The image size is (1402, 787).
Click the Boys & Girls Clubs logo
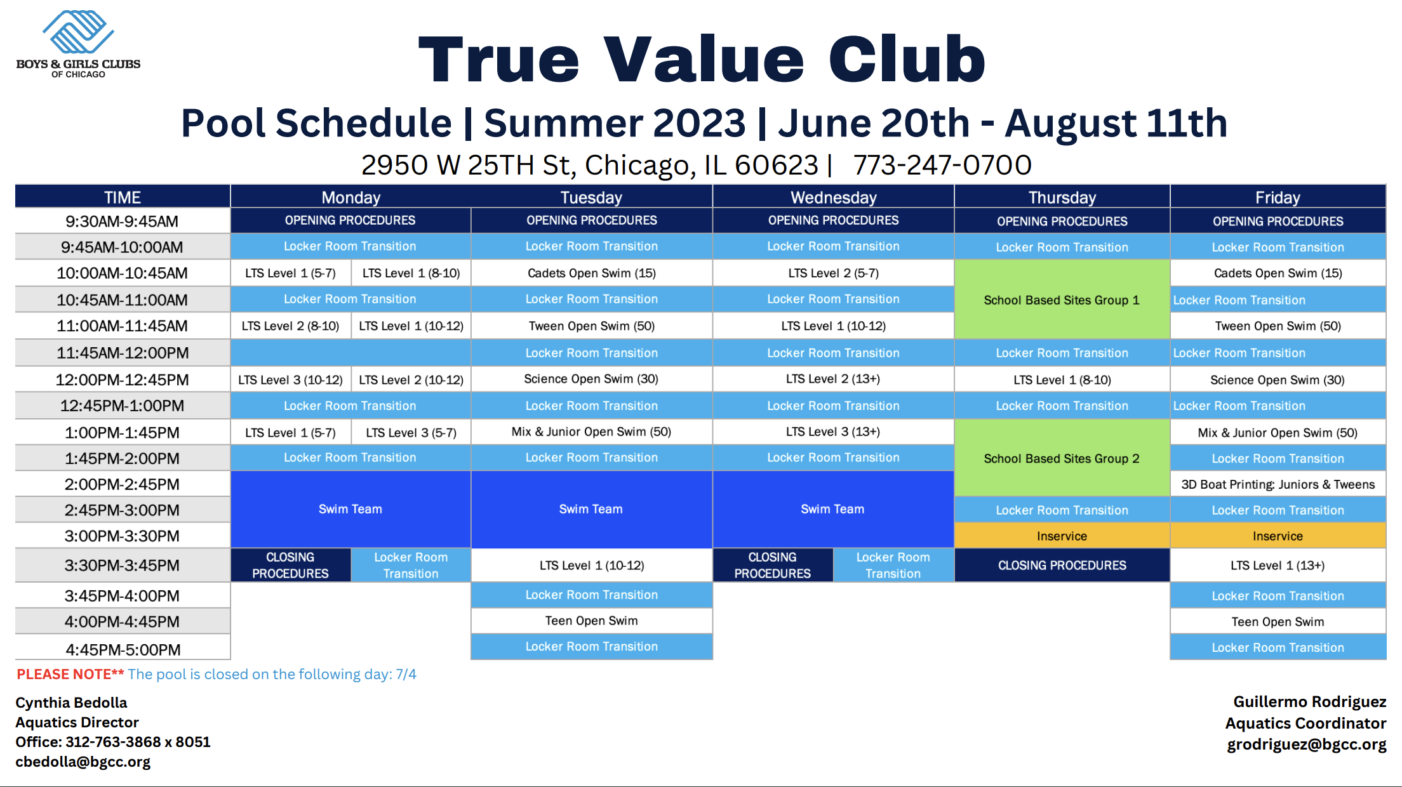click(78, 44)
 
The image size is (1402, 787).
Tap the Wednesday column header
click(833, 197)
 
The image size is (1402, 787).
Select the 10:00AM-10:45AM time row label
click(122, 273)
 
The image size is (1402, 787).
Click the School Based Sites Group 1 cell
click(1062, 300)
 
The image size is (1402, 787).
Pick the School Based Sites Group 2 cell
click(1062, 458)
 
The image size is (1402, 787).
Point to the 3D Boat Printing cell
click(1278, 484)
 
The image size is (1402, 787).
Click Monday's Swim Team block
click(350, 509)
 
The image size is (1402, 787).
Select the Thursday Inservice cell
click(1062, 536)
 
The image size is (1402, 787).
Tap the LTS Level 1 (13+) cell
click(1278, 565)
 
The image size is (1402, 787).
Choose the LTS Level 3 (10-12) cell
click(290, 380)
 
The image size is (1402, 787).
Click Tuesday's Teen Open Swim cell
click(591, 621)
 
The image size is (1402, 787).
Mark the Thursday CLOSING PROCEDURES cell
click(1062, 565)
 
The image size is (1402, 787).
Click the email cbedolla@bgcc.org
click(83, 762)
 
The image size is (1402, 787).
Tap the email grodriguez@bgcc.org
click(1306, 744)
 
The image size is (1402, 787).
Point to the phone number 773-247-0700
click(942, 165)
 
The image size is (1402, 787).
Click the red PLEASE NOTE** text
click(70, 674)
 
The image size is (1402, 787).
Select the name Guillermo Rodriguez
click(1309, 701)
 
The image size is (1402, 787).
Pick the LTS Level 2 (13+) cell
click(833, 379)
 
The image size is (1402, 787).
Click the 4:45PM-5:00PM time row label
click(122, 649)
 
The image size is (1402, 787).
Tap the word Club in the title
click(907, 59)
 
